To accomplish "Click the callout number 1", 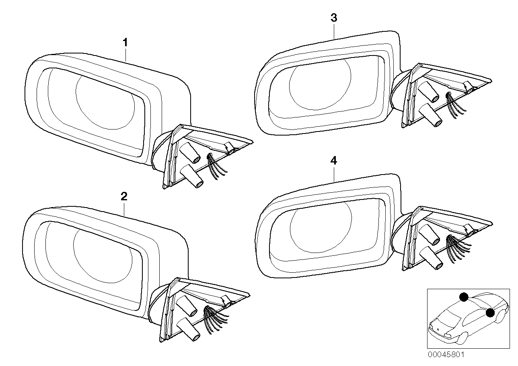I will coord(125,42).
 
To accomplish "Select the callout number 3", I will coord(334,18).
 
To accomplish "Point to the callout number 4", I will coord(333,161).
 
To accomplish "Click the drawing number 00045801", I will coord(445,355).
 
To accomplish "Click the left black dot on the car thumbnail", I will coord(463,297).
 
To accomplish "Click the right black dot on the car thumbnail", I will coord(490,313).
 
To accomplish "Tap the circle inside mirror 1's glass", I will coord(105,101).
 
